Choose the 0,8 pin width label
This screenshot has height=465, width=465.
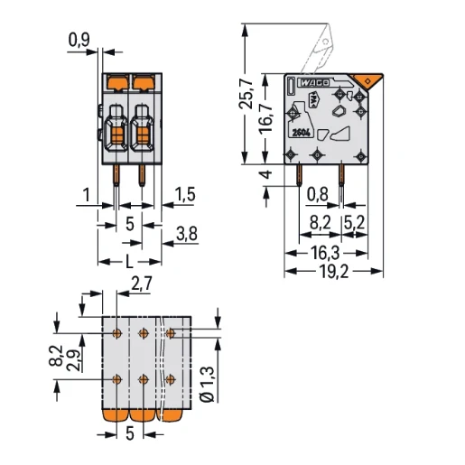317,192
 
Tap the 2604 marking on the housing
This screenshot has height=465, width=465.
303,133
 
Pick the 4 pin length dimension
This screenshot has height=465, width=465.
264,175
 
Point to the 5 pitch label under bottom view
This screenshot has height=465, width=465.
130,435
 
